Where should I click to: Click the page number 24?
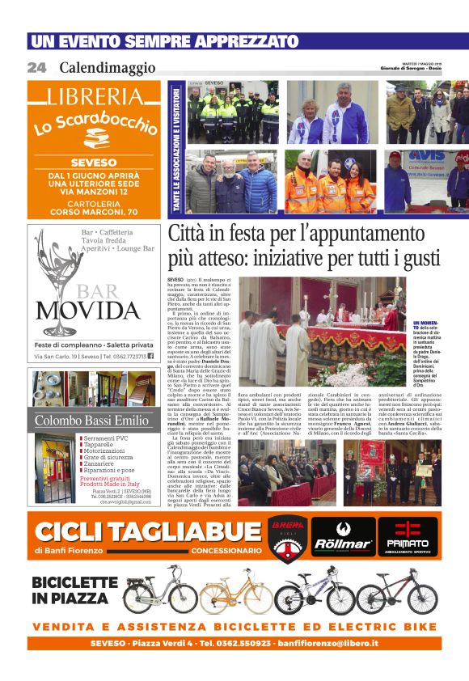[x=36, y=68]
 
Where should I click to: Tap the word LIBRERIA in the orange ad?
[x=95, y=96]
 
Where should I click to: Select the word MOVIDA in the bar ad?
[x=95, y=310]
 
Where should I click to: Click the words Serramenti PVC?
[x=105, y=439]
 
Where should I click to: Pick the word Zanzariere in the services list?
[x=103, y=463]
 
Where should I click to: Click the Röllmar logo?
[x=343, y=537]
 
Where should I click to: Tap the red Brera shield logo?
[x=285, y=536]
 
